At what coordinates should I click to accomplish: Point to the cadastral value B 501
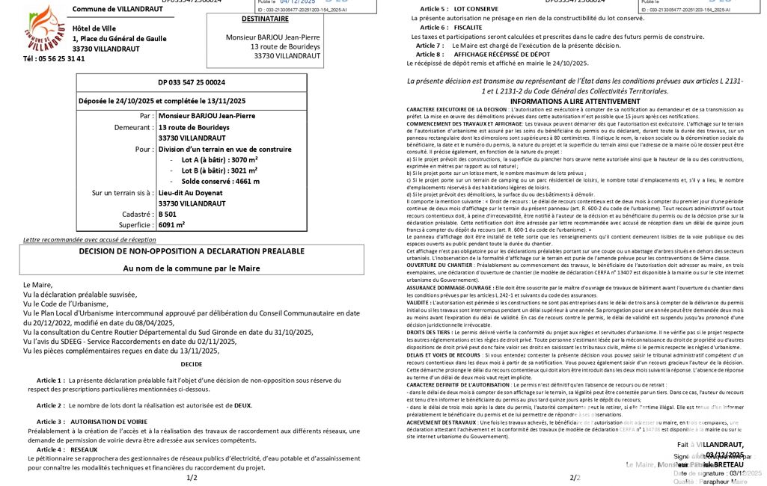168,213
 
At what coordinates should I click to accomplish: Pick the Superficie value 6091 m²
171,224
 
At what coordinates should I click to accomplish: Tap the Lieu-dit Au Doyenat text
191,192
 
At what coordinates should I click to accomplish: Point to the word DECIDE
191,364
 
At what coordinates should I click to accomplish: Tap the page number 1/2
192,477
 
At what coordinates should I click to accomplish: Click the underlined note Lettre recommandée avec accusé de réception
90,239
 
